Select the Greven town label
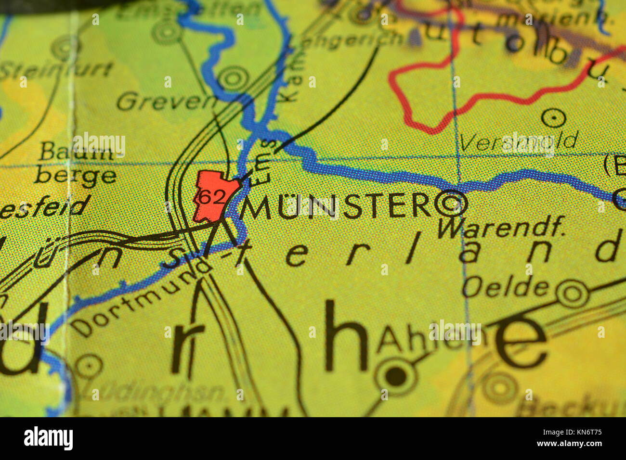[x=167, y=102]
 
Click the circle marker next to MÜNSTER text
[x=451, y=204]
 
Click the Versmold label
[x=518, y=141]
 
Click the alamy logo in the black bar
[x=48, y=438]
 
